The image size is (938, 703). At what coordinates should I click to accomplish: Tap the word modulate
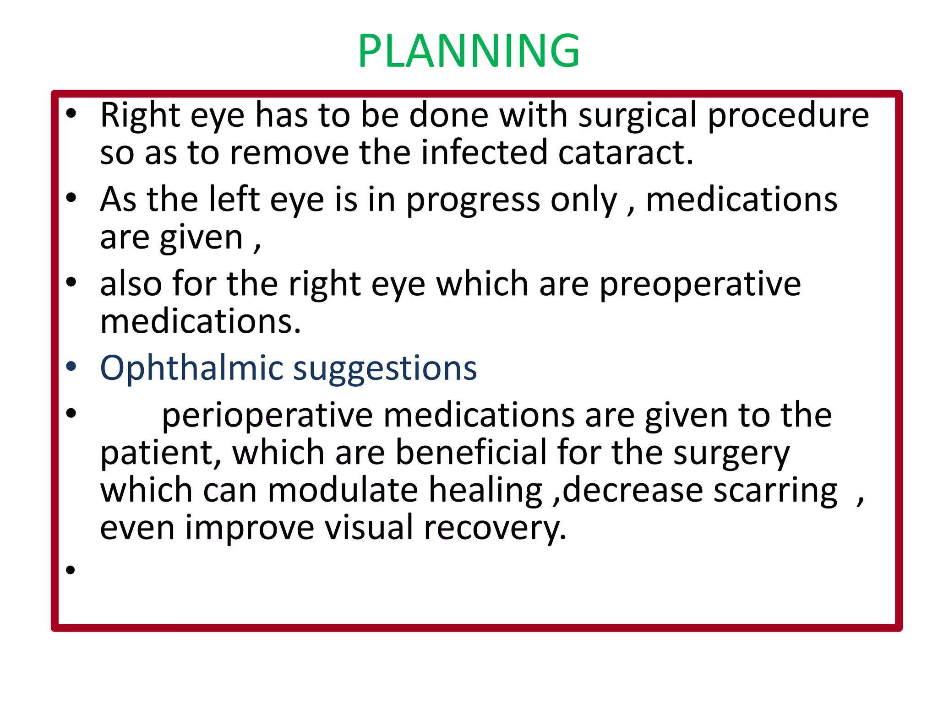[x=343, y=490]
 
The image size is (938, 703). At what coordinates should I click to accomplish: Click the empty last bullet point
[x=70, y=570]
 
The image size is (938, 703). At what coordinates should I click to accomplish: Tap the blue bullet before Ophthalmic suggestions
[x=71, y=367]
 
